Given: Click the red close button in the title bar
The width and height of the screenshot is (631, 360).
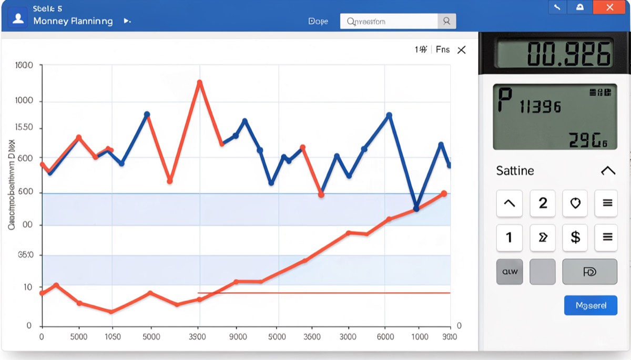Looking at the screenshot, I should (609, 7).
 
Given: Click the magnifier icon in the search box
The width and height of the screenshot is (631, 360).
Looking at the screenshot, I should (446, 21).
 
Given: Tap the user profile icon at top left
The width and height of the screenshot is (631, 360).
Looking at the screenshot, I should (18, 18).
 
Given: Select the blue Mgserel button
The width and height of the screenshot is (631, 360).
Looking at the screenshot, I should (591, 305).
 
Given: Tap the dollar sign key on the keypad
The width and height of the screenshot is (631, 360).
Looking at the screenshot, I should (575, 237).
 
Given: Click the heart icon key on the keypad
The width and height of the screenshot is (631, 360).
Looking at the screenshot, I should (575, 203).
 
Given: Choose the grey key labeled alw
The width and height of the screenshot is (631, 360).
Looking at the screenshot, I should (510, 272).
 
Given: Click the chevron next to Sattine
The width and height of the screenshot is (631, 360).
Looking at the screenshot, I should (607, 171).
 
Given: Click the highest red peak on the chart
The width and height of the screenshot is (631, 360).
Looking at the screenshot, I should (199, 83).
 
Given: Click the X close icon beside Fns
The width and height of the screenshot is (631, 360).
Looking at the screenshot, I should (461, 50).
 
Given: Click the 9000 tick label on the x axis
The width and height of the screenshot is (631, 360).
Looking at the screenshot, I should (238, 337).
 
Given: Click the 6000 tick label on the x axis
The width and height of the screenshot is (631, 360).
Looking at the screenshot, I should (385, 337).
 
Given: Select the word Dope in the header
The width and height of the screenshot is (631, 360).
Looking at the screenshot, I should (318, 22).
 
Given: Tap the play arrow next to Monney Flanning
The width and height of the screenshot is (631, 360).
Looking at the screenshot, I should (127, 21).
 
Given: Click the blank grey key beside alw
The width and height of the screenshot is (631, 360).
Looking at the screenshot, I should (542, 272).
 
